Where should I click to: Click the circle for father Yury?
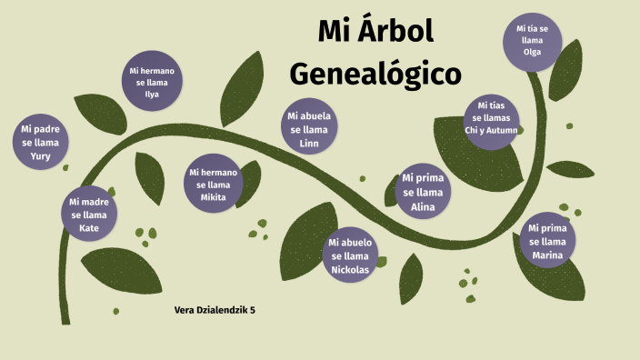(x=41, y=143)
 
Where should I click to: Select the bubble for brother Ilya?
(x=152, y=82)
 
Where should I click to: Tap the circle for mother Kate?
(x=89, y=215)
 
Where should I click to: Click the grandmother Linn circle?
(x=309, y=129)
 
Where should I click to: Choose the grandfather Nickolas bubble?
(x=351, y=255)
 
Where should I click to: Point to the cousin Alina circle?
(x=423, y=193)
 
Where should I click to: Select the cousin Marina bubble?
(x=547, y=242)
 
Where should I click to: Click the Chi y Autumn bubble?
(x=491, y=118)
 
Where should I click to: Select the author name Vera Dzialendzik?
(x=210, y=310)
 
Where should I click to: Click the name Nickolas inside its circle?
(x=351, y=269)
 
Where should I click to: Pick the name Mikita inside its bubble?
(x=214, y=197)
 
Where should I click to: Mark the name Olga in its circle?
(x=532, y=52)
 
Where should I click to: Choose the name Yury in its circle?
(x=41, y=155)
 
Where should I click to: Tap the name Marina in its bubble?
(x=547, y=255)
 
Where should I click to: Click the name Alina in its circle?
(x=423, y=206)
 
